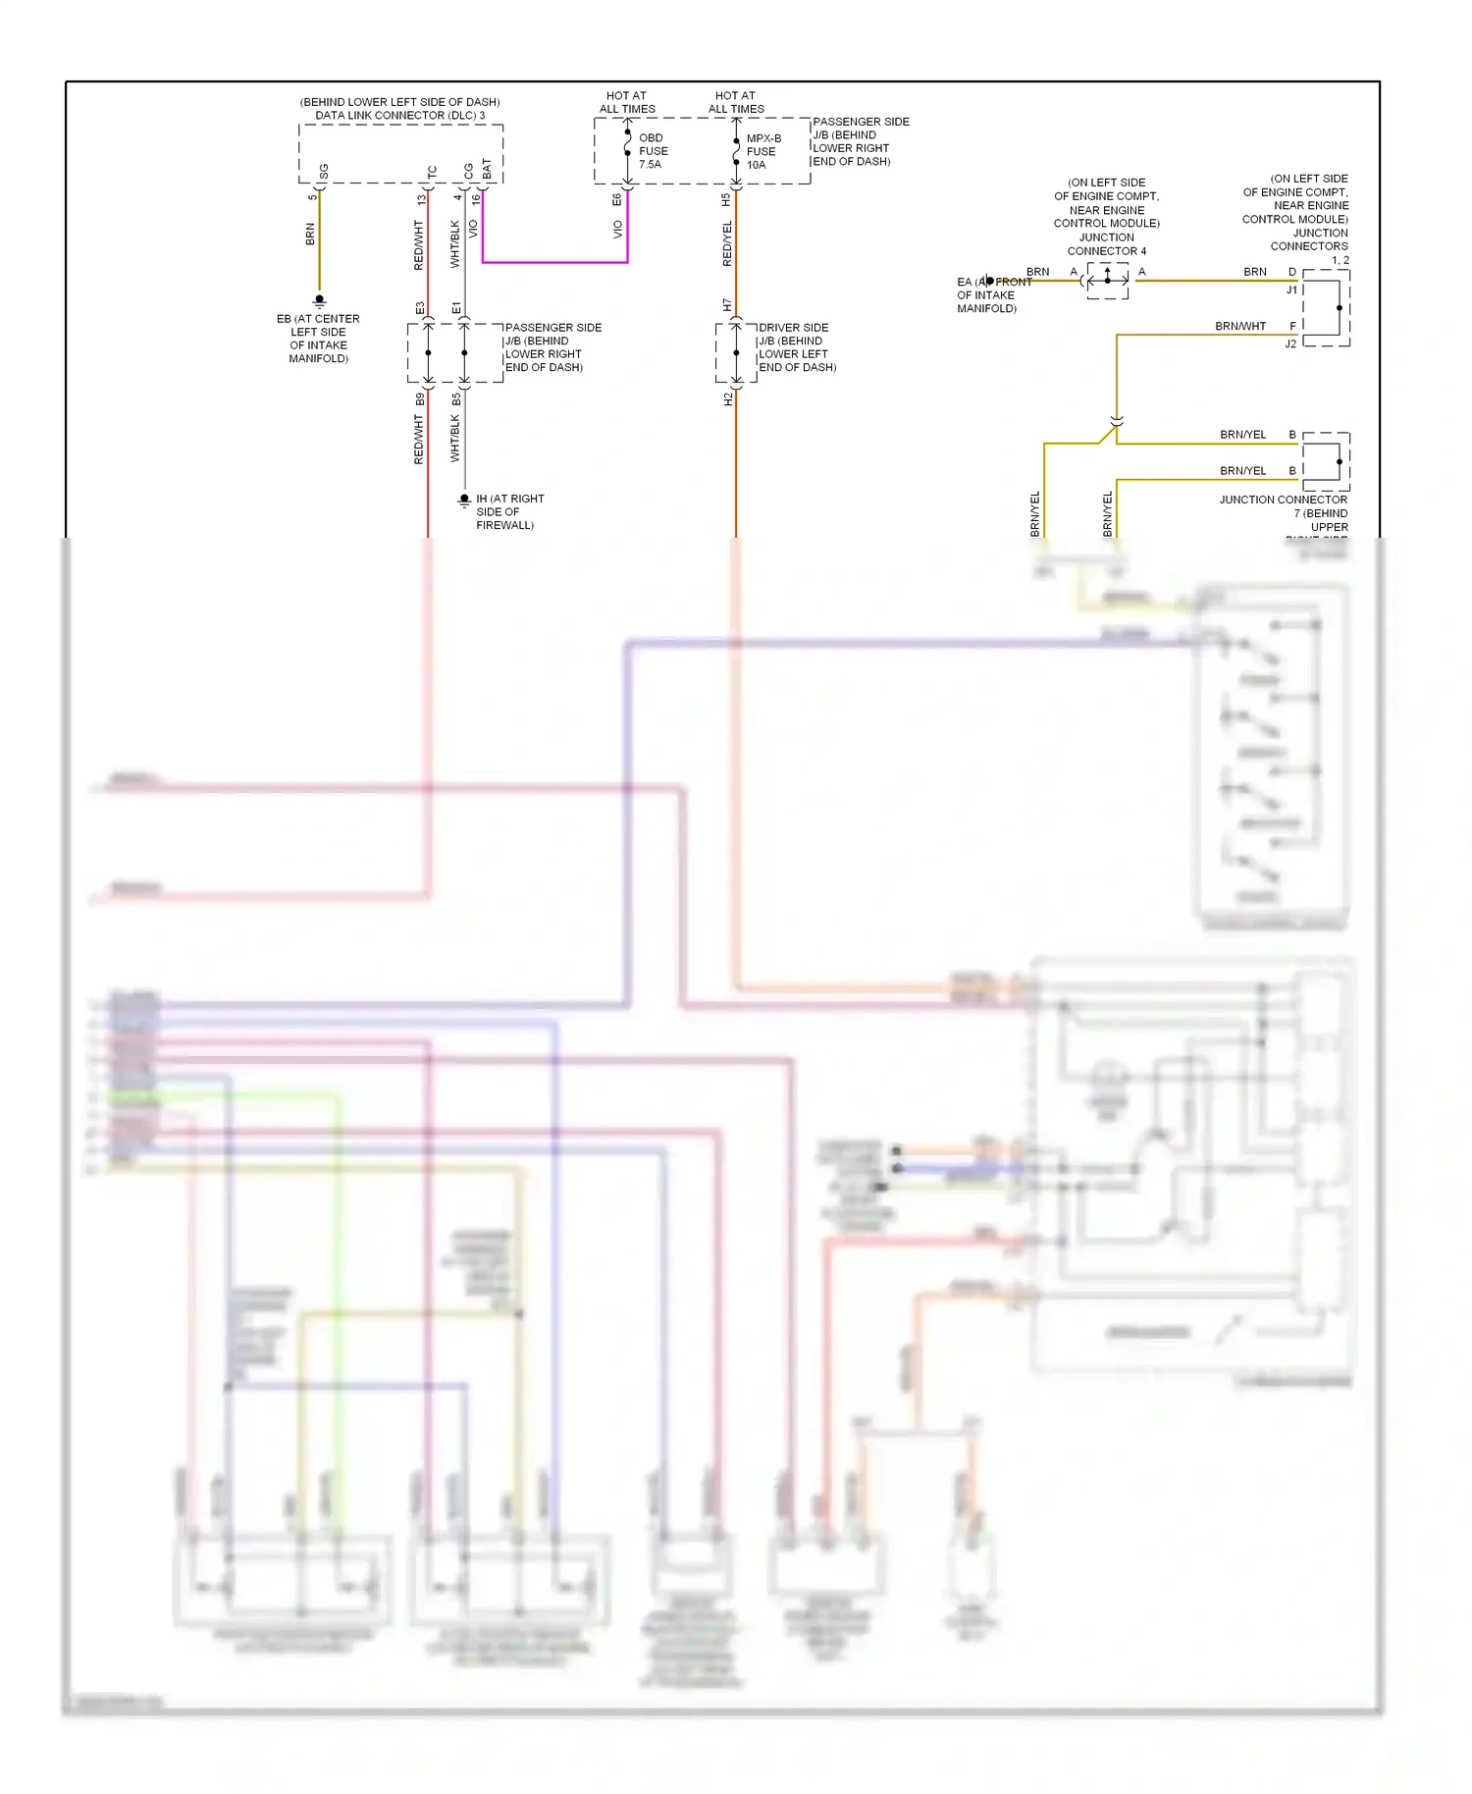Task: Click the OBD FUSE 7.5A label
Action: click(x=653, y=151)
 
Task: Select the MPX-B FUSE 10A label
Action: click(x=762, y=151)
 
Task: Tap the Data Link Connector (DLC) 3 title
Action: click(x=399, y=115)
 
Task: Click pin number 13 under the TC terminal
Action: click(x=421, y=199)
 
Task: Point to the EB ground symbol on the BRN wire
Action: click(x=319, y=300)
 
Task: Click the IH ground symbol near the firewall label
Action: click(x=464, y=500)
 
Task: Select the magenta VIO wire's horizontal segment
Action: click(x=554, y=262)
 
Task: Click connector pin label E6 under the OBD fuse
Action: click(x=616, y=199)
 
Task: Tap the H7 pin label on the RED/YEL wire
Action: click(x=727, y=305)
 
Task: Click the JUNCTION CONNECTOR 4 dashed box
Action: click(x=1108, y=281)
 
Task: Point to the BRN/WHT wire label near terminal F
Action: click(x=1240, y=326)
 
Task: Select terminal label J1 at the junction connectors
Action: click(x=1291, y=290)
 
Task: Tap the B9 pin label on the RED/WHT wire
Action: click(x=420, y=399)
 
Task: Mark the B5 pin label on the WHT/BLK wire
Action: click(x=456, y=399)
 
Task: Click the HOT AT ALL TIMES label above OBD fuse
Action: click(x=627, y=102)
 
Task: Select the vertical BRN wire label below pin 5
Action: click(x=310, y=234)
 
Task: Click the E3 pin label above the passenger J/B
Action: click(x=420, y=308)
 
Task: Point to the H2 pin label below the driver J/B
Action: click(x=727, y=399)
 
